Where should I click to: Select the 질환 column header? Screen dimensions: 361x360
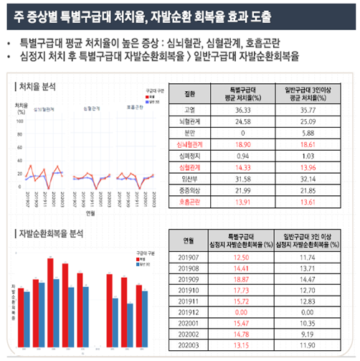(189, 93)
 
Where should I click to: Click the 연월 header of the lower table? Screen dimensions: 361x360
(189, 239)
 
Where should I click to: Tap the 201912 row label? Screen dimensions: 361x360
(189, 312)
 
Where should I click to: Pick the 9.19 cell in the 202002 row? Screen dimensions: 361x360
(310, 335)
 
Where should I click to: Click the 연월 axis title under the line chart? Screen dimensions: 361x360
(90, 212)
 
